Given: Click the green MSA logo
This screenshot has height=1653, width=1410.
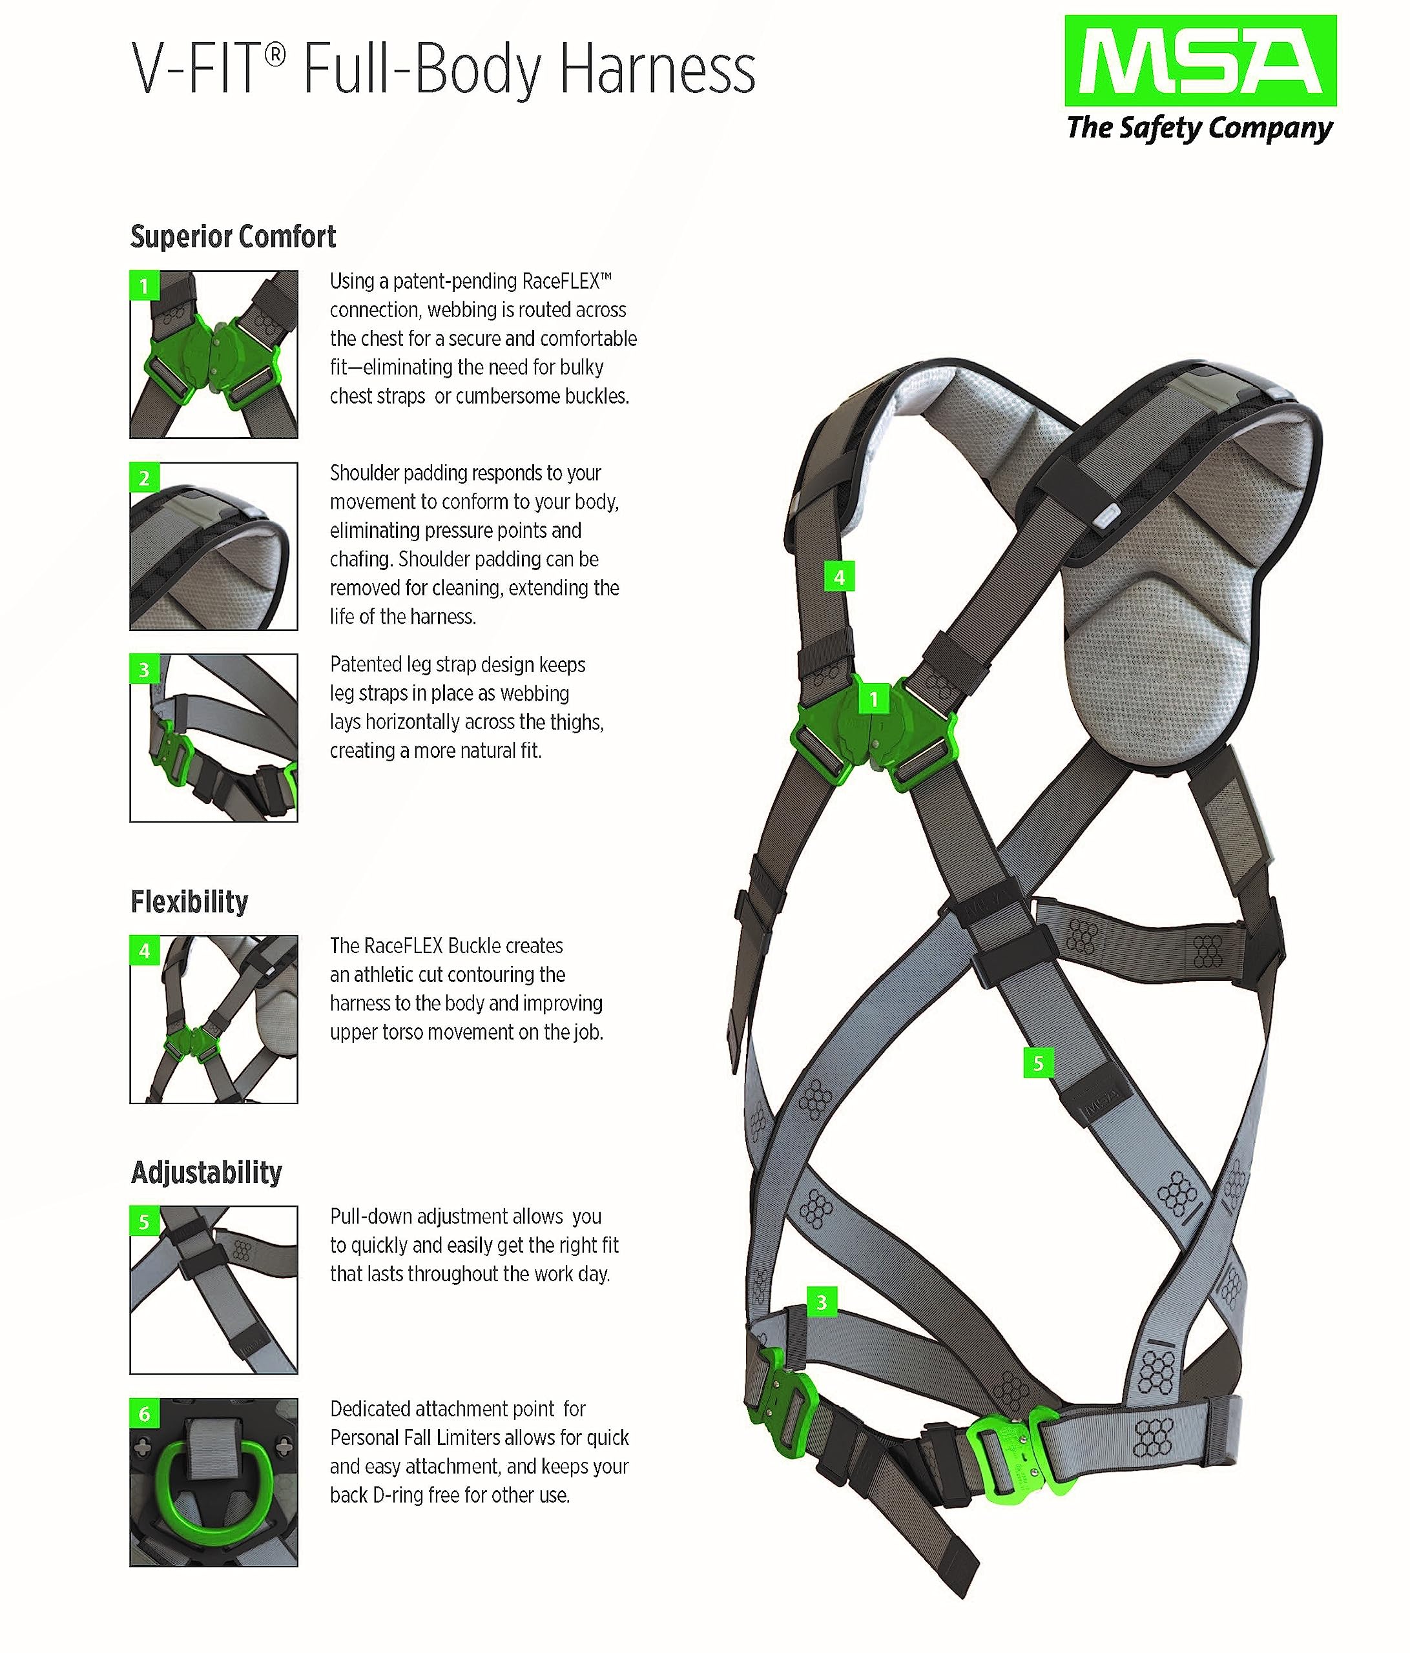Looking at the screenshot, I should point(1200,61).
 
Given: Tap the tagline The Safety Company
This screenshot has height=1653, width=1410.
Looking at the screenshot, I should point(1199,128).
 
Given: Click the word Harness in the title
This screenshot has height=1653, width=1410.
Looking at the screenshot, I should point(657,72).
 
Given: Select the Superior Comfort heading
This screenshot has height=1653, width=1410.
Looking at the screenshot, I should point(233,237).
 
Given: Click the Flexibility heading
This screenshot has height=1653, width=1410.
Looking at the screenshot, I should point(189,902).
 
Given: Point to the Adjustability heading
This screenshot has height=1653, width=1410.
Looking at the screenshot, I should point(207,1173).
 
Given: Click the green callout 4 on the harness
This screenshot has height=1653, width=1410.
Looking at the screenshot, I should point(838,577).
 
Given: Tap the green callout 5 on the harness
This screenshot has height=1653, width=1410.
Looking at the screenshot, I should point(1038,1063).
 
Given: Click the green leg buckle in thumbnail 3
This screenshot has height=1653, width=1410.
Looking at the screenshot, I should point(177,754).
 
